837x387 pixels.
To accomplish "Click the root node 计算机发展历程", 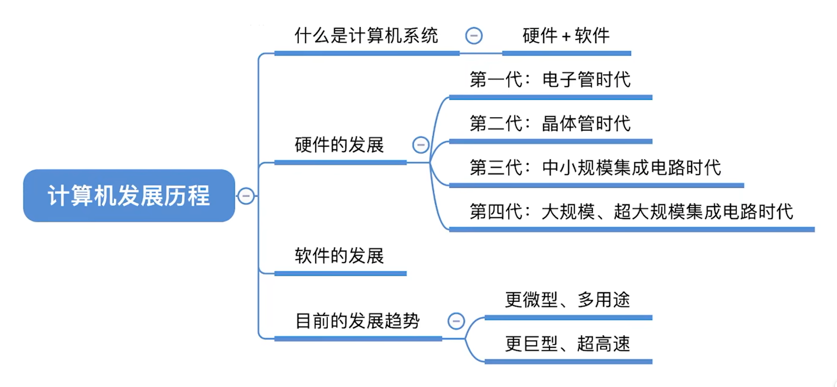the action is tap(129, 195).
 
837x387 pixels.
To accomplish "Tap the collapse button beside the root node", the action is tap(246, 196).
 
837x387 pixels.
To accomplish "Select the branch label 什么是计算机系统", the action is tap(366, 35).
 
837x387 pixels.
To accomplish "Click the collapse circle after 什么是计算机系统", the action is tap(474, 36).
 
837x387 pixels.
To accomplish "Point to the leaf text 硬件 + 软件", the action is tap(566, 35).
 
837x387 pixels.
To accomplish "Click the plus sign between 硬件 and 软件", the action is tap(566, 36).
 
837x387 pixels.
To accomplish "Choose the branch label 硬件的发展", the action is tap(339, 145).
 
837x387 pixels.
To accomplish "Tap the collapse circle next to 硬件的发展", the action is tap(421, 145).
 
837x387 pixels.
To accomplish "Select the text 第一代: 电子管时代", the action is tap(550, 79).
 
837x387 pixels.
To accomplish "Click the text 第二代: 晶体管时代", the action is tap(550, 123).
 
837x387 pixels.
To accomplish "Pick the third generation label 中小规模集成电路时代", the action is tap(632, 167).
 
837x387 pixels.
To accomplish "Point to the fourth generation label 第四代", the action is tap(496, 211).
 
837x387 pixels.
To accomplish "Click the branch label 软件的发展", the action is tap(339, 255).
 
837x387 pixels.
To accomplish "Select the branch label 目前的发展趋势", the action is tap(357, 320).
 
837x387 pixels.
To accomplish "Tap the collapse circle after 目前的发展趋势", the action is tap(456, 321).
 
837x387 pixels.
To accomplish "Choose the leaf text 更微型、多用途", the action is tap(568, 299).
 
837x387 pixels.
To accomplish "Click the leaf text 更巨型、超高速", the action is tap(568, 343).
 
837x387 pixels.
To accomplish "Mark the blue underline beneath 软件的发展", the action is tap(340, 274).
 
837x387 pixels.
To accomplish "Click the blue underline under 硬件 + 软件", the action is tap(567, 53).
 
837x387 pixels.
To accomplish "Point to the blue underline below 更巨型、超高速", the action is tap(569, 361).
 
